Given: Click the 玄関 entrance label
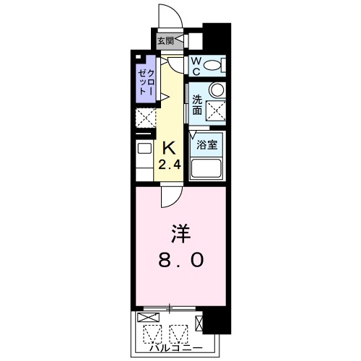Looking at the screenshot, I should (165, 41).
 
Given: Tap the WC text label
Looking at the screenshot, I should (195, 64).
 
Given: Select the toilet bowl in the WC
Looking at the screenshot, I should (212, 66).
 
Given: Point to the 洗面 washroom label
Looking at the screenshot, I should (196, 106).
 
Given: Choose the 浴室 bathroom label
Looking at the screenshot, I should (209, 144).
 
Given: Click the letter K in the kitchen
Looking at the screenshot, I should (168, 148).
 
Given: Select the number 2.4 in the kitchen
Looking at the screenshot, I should (170, 165).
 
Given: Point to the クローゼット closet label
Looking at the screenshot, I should (147, 82).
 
